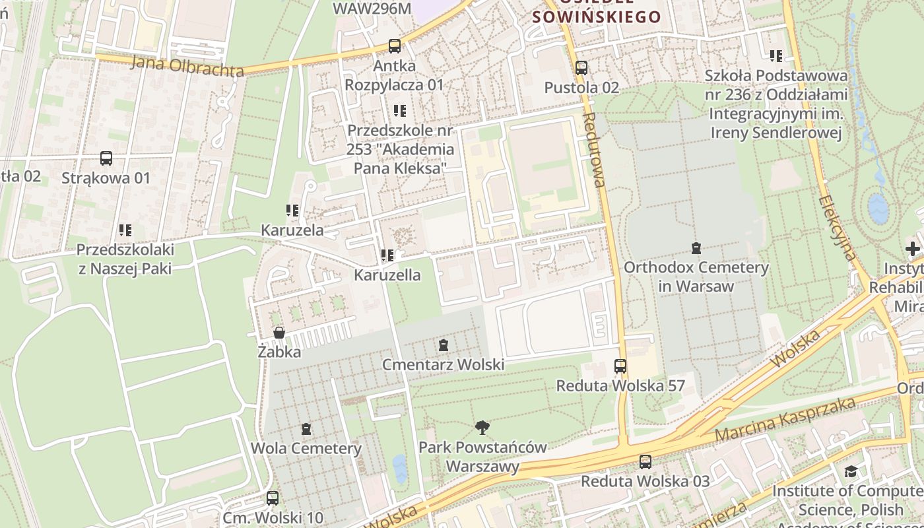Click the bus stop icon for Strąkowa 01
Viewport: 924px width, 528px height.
[x=106, y=158]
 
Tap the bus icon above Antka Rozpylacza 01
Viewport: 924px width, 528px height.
[x=395, y=46]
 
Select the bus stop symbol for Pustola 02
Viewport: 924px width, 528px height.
[x=581, y=67]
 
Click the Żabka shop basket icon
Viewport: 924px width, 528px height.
[x=279, y=333]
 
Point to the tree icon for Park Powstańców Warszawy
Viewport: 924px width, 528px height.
[x=482, y=428]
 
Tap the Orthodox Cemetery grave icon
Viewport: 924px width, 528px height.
[x=696, y=248]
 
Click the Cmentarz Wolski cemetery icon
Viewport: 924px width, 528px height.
[x=444, y=345]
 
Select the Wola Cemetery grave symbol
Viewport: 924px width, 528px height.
[x=306, y=429]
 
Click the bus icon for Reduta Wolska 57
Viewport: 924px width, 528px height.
[x=620, y=366]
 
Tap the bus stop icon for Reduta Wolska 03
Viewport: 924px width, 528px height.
[x=645, y=462]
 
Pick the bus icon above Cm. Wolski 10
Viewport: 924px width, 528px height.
[x=273, y=498]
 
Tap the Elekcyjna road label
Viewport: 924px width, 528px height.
[x=837, y=228]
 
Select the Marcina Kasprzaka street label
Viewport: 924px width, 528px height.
[x=785, y=420]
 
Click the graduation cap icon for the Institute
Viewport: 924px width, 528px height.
[x=851, y=471]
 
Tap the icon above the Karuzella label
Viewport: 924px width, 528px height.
[x=387, y=255]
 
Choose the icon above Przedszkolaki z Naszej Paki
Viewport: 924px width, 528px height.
[x=125, y=230]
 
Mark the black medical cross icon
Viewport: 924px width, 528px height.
[x=913, y=249]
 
